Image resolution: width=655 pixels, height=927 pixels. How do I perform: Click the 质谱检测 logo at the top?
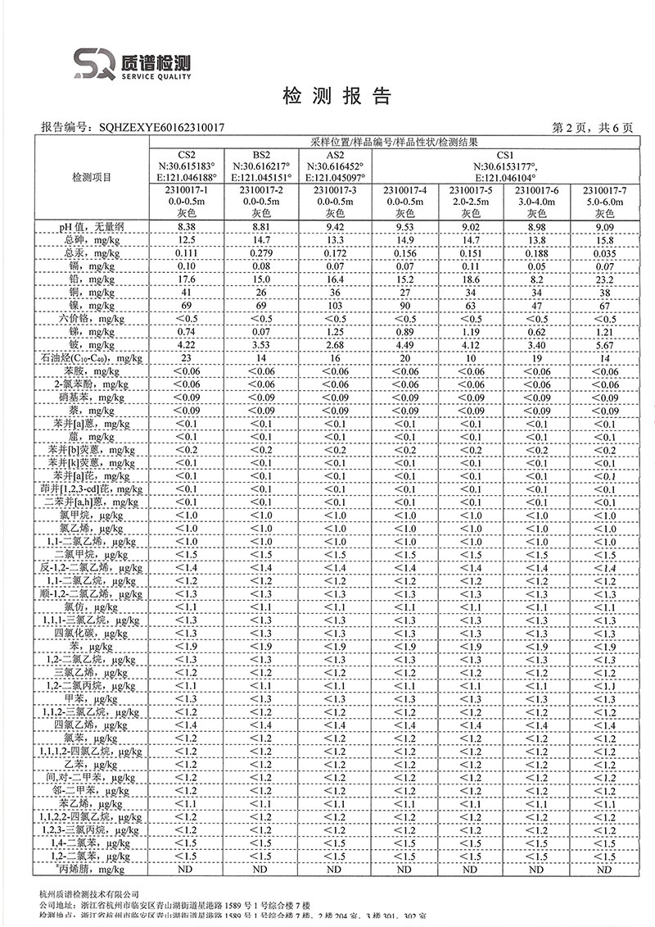click(131, 63)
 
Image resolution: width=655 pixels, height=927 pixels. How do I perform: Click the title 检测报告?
click(337, 96)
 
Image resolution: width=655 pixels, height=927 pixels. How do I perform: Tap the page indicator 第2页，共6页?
click(593, 127)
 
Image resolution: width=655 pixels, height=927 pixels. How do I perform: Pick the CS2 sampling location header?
click(187, 154)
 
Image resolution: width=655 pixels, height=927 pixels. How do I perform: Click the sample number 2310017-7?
click(603, 190)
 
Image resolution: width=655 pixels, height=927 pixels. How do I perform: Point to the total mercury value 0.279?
click(261, 252)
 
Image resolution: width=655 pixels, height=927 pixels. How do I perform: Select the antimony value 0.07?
click(261, 331)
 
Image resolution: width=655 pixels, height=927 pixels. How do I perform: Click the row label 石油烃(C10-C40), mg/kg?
click(92, 358)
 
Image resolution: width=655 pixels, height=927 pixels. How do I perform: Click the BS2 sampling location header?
click(261, 154)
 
